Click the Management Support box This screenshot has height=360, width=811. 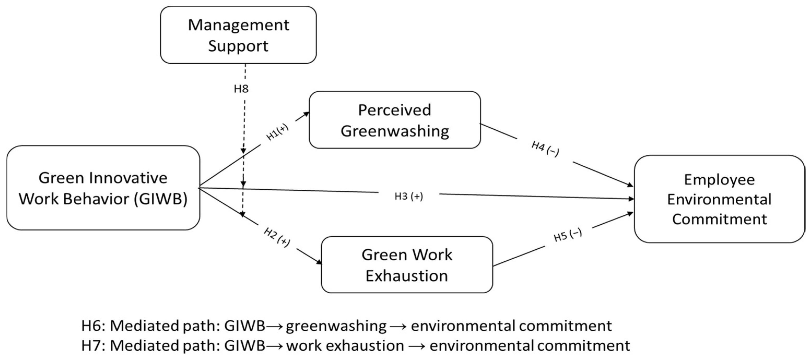(238, 35)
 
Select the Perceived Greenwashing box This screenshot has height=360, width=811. (394, 120)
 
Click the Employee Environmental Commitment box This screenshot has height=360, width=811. (719, 199)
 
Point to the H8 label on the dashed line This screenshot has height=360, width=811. (241, 89)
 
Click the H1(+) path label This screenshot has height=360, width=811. (277, 132)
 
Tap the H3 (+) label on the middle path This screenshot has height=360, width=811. (409, 196)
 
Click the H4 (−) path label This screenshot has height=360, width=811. (545, 149)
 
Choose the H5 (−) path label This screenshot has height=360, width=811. (568, 235)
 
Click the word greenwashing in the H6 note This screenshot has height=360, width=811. (336, 326)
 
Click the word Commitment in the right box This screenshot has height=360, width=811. (719, 219)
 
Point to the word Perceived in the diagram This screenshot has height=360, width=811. (394, 110)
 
